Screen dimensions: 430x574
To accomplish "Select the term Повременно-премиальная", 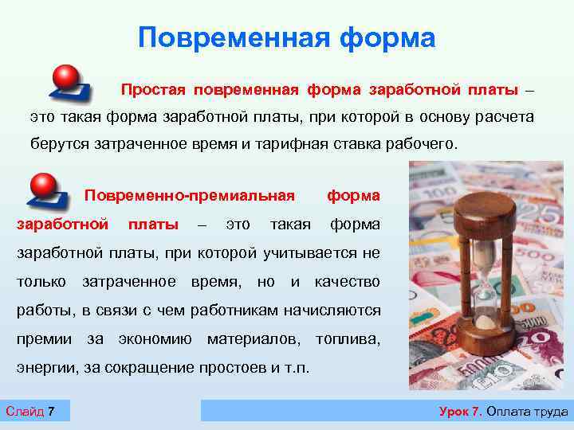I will [x=190, y=196].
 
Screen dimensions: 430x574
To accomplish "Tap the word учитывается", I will [x=313, y=253].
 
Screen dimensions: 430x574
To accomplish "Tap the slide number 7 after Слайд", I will [x=51, y=412].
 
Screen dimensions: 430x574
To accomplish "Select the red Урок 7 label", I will [x=460, y=412].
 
